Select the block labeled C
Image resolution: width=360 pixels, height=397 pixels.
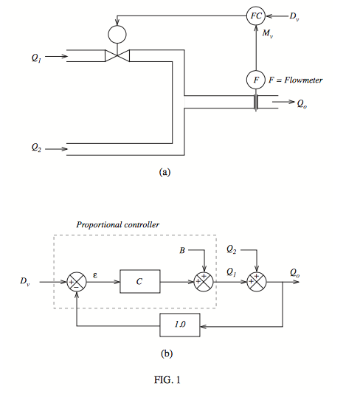click(140, 281)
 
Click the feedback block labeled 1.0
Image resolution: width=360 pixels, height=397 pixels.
click(179, 324)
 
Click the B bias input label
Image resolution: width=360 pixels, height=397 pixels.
click(182, 252)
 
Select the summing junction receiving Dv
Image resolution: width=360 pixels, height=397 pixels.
click(76, 281)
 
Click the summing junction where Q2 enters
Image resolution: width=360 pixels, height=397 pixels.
click(256, 281)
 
